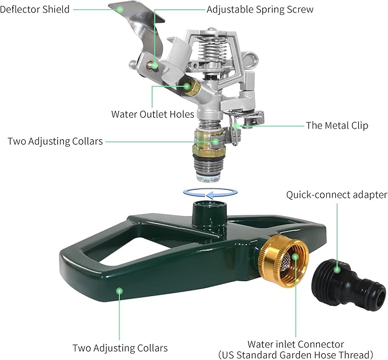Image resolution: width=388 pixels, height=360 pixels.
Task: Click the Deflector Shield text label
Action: coord(34,9)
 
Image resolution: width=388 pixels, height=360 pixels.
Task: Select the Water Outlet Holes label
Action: coord(153,114)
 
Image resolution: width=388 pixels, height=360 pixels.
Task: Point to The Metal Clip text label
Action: coord(337,126)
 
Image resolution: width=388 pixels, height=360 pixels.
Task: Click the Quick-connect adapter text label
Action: coord(337,195)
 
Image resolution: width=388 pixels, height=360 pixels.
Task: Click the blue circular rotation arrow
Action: coord(210,193)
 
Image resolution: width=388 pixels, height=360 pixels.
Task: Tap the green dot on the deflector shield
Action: coord(120,9)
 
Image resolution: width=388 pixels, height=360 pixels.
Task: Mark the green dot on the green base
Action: coord(119,291)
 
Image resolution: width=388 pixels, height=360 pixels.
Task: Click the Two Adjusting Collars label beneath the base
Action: coord(120,348)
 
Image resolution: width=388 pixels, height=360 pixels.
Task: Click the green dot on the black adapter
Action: coord(337,270)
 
